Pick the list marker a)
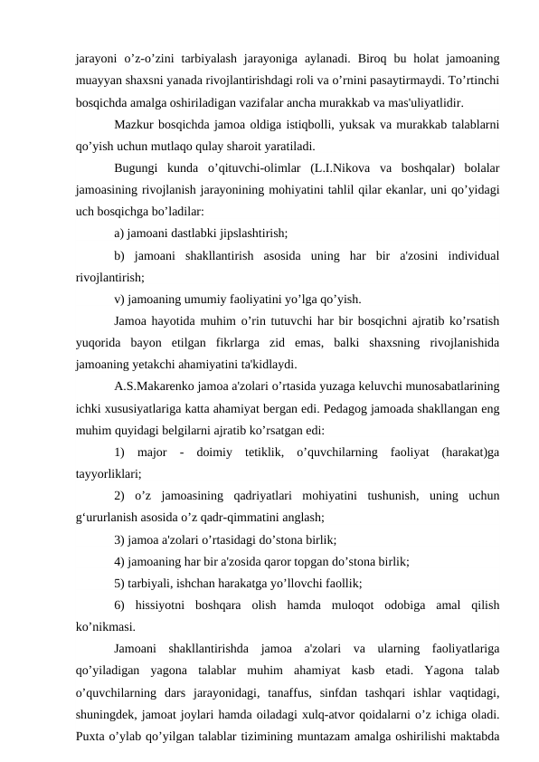pyautogui.click(x=121, y=232)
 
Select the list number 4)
pyautogui.click(x=121, y=562)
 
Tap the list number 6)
pyautogui.click(x=121, y=605)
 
